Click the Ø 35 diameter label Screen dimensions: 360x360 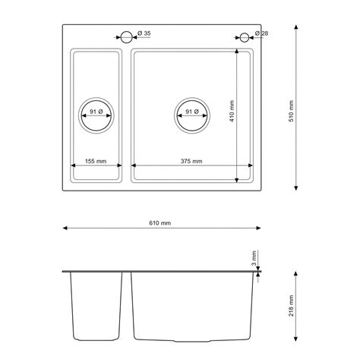tap(144, 33)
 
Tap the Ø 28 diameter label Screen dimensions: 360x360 tap(261, 33)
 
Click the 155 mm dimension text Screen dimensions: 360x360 tap(96, 161)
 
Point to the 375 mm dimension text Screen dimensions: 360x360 tap(191, 161)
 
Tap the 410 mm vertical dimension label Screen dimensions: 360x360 tap(232, 111)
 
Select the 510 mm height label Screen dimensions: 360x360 tap(291, 111)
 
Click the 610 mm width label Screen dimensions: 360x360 tap(160, 223)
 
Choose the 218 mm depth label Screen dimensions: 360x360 tap(291, 305)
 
